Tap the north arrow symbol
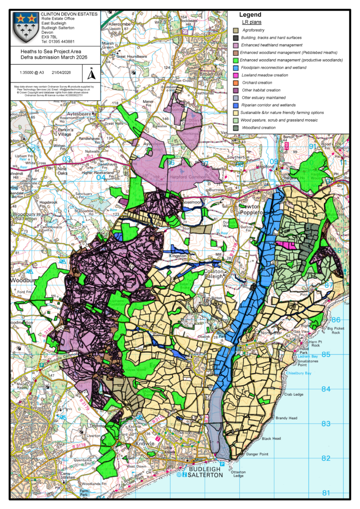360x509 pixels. click(91, 75)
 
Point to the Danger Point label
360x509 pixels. click(255, 454)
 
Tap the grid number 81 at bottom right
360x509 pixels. click(326, 493)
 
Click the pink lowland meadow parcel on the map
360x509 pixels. click(287, 245)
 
